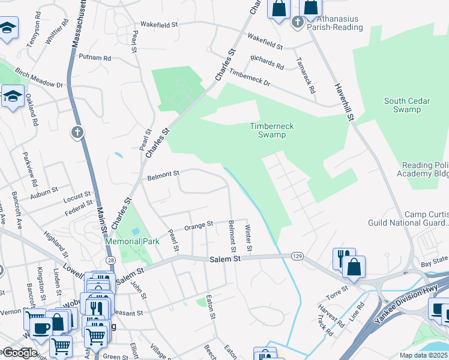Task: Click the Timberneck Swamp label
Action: pyautogui.click(x=268, y=130)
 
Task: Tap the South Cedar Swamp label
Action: pyautogui.click(x=407, y=106)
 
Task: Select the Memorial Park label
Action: pyautogui.click(x=132, y=241)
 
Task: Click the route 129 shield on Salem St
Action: pyautogui.click(x=297, y=256)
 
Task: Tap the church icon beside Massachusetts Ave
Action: pyautogui.click(x=77, y=132)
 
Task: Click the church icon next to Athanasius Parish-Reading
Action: pyautogui.click(x=297, y=23)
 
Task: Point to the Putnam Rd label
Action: pyautogui.click(x=95, y=58)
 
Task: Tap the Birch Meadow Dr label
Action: pyautogui.click(x=39, y=78)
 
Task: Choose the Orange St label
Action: pyautogui.click(x=199, y=225)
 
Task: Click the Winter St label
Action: pyautogui.click(x=249, y=238)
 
